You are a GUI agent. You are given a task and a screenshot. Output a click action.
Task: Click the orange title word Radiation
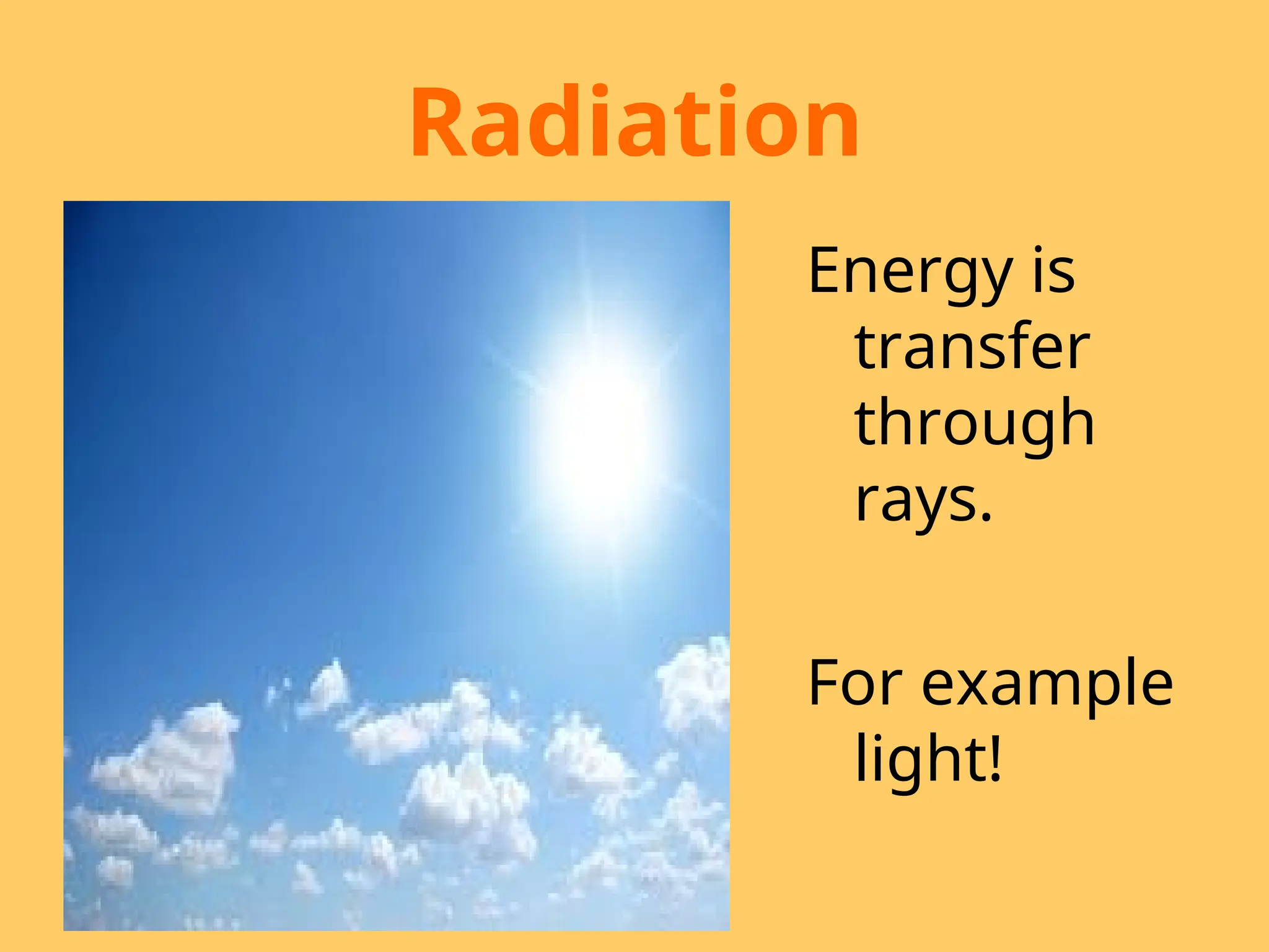[x=634, y=122]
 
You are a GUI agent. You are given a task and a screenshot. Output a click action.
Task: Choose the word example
[x=1047, y=684]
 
